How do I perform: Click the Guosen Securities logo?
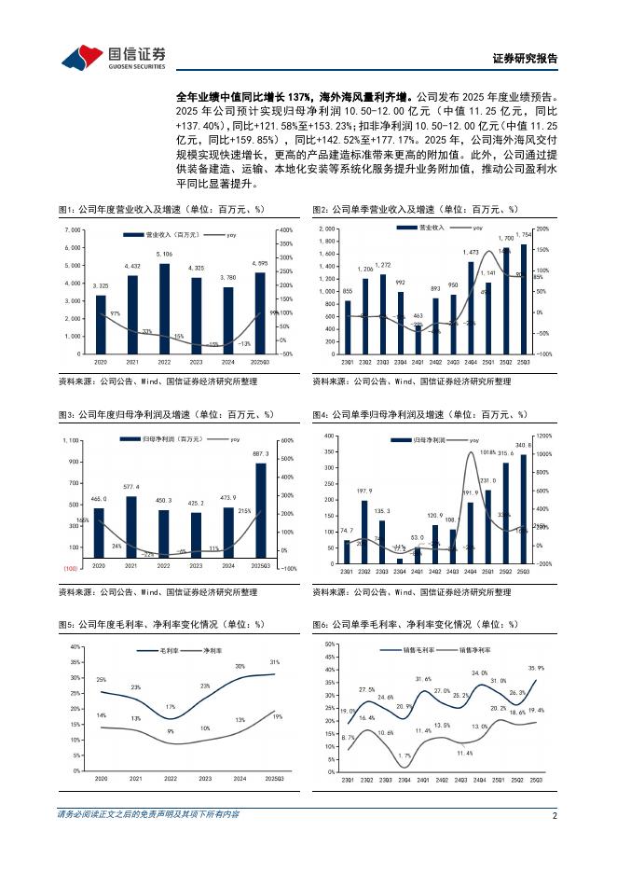113,58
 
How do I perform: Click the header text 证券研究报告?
525,58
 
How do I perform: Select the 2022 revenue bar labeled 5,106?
164,308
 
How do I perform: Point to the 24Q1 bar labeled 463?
418,339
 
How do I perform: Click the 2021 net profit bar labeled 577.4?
131,529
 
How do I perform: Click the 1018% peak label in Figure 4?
487,453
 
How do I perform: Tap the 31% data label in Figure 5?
274,661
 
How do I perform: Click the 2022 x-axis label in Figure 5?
170,778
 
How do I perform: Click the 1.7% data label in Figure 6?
404,755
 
